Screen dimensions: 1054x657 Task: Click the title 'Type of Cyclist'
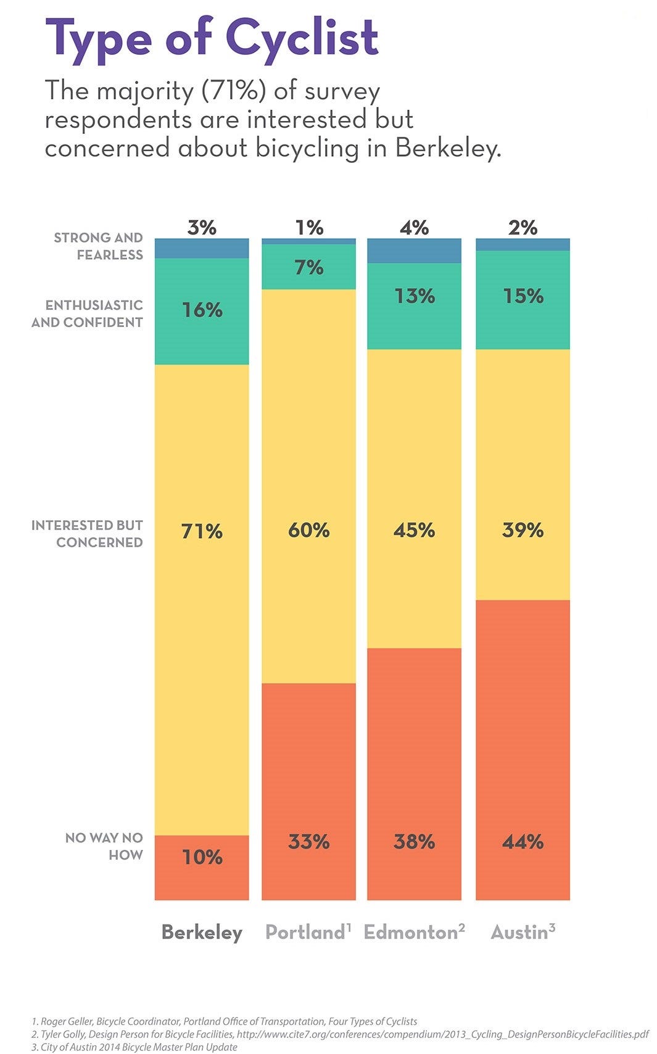click(x=212, y=38)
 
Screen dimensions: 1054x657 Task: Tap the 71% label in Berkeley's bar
click(x=202, y=531)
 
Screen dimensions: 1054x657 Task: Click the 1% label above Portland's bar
click(x=309, y=228)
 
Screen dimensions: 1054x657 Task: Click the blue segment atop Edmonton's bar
click(x=414, y=251)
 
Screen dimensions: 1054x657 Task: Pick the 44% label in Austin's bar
click(x=523, y=842)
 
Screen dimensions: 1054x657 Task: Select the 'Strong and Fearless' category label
click(x=99, y=246)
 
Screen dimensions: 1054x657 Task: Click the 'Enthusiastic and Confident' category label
click(x=88, y=313)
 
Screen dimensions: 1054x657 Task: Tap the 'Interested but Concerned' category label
click(x=88, y=534)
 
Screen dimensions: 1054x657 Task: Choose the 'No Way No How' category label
click(x=104, y=846)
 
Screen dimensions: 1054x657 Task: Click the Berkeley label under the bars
click(x=202, y=932)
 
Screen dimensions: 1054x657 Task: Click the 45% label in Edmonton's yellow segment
click(x=414, y=530)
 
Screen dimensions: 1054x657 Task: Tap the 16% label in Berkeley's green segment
click(x=202, y=310)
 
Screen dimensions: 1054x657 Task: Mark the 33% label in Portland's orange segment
click(x=309, y=842)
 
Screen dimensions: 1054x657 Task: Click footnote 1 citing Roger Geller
click(x=225, y=1021)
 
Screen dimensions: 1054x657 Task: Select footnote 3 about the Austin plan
click(x=135, y=1047)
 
